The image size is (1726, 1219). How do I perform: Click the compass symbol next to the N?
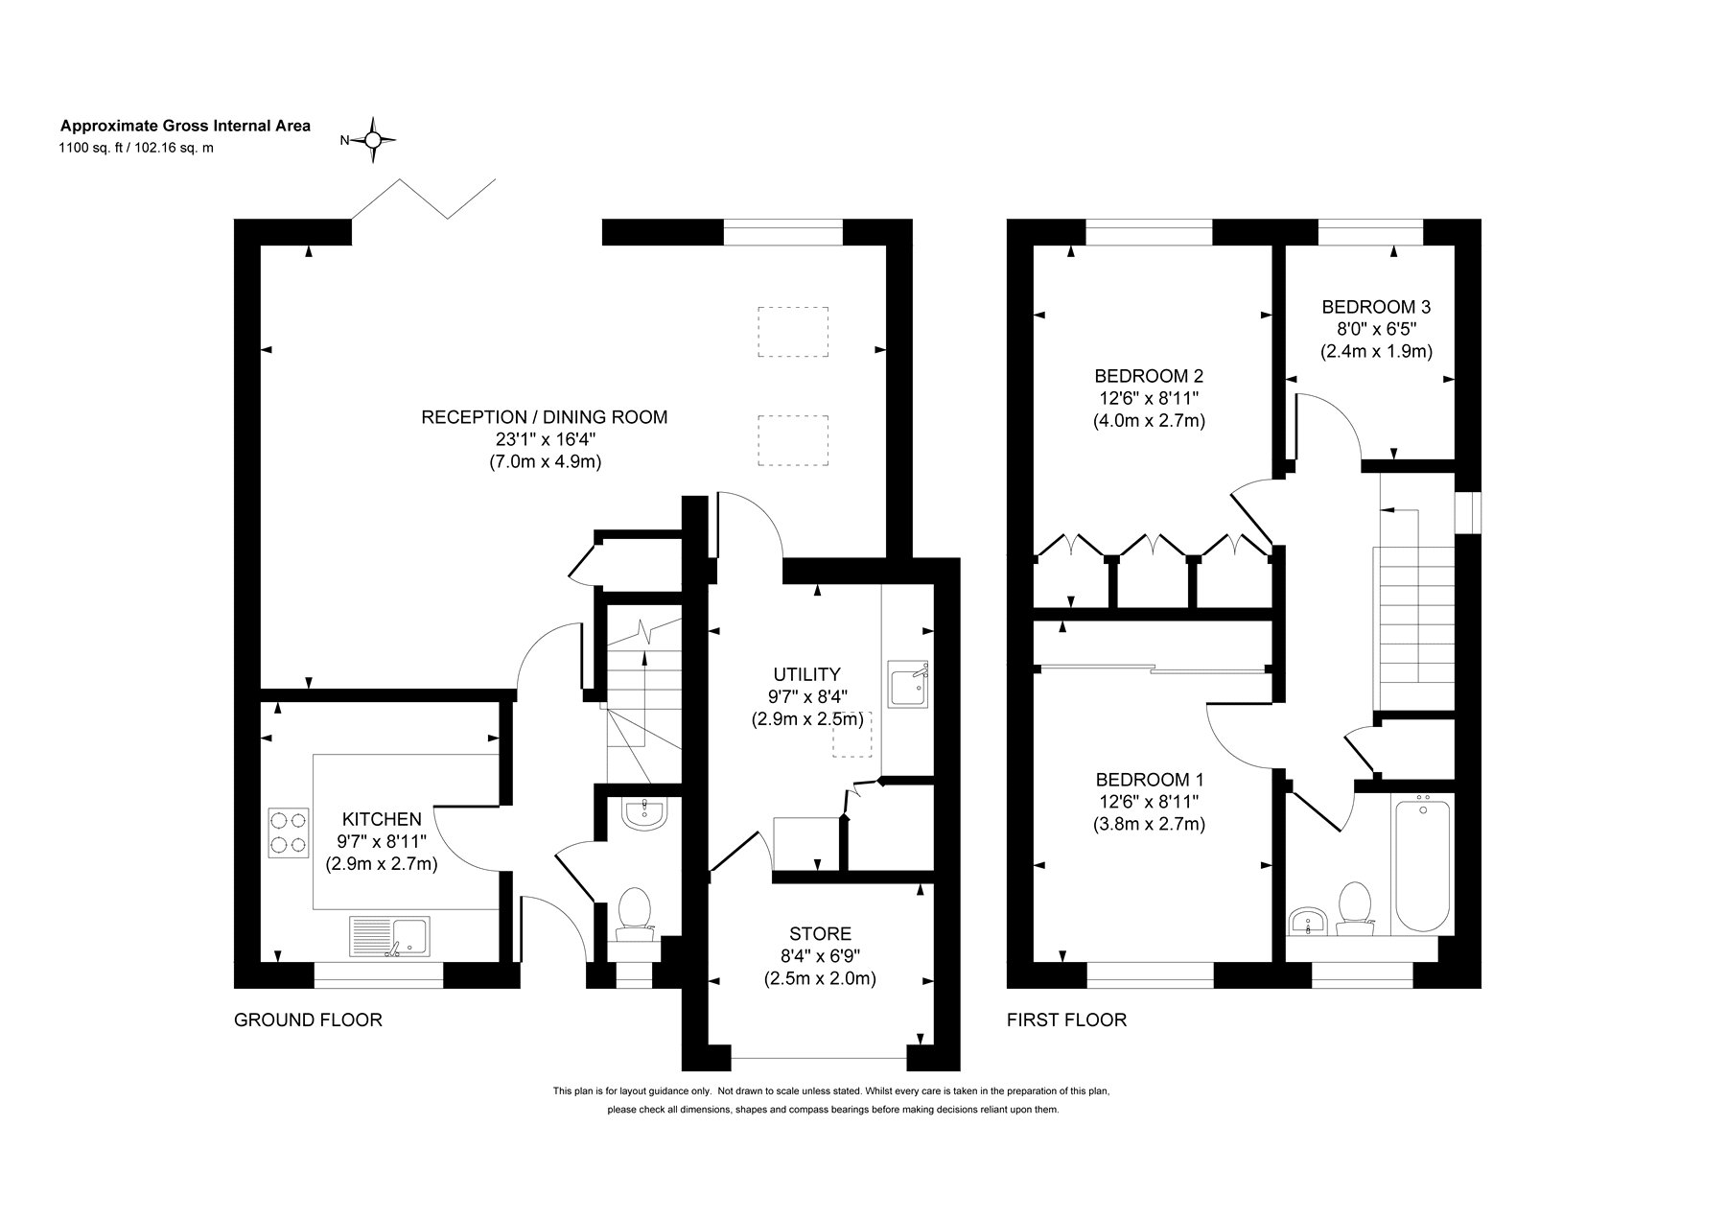click(374, 140)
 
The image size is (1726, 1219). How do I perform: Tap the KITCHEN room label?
click(382, 819)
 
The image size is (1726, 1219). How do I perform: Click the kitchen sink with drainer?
click(391, 937)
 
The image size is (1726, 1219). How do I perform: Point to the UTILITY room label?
click(807, 674)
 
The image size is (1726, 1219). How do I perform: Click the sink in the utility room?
click(908, 684)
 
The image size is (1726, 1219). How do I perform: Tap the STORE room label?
click(820, 933)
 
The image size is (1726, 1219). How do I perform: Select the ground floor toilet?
click(635, 913)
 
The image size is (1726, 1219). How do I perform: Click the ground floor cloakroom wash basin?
click(644, 814)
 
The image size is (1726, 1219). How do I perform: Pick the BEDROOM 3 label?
click(1376, 307)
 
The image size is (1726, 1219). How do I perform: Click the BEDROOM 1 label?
click(1149, 779)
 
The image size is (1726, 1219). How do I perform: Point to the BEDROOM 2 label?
click(1149, 375)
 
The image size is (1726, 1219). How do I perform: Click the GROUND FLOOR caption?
click(308, 1020)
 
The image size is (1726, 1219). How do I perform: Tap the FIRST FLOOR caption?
click(1066, 1020)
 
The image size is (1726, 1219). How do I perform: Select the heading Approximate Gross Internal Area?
click(186, 126)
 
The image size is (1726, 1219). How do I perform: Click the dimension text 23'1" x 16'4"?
click(545, 439)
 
